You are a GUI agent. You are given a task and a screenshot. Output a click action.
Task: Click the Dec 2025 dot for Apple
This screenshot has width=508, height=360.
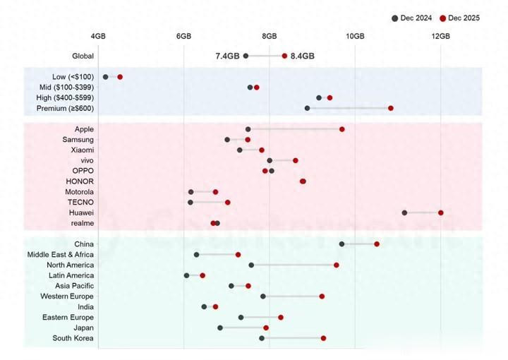pyautogui.click(x=342, y=129)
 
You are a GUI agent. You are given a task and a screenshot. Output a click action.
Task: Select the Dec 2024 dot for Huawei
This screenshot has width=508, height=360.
pyautogui.click(x=404, y=212)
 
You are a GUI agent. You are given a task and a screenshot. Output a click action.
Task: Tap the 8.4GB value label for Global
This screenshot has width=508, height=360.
pyautogui.click(x=303, y=56)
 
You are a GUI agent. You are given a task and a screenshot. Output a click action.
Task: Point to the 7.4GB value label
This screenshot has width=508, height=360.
pyautogui.click(x=227, y=56)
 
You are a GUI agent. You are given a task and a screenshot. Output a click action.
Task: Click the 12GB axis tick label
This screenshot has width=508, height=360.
pyautogui.click(x=440, y=36)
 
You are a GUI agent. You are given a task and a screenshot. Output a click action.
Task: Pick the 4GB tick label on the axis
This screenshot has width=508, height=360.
pyautogui.click(x=98, y=36)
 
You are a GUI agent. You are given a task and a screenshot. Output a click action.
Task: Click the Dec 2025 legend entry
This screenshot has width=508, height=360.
pyautogui.click(x=459, y=18)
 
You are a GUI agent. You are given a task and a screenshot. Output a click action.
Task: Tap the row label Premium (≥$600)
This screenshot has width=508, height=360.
pyautogui.click(x=65, y=108)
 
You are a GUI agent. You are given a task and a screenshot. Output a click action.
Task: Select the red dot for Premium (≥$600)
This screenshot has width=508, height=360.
pyautogui.click(x=391, y=108)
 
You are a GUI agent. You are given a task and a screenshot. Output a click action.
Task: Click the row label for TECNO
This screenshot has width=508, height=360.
pyautogui.click(x=80, y=202)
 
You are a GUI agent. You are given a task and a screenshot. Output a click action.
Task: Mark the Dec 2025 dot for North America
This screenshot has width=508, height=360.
pyautogui.click(x=337, y=265)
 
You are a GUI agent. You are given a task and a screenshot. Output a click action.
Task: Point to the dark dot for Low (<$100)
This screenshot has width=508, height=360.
pyautogui.click(x=106, y=76)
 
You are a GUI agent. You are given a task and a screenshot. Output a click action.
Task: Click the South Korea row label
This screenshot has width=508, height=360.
pyautogui.click(x=73, y=338)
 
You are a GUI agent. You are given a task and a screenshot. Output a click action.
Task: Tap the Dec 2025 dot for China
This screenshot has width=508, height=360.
pyautogui.click(x=377, y=244)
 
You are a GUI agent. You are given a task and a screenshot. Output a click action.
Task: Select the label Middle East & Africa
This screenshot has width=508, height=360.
pyautogui.click(x=60, y=254)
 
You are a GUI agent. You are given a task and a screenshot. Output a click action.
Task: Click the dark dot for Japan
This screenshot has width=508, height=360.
pyautogui.click(x=220, y=328)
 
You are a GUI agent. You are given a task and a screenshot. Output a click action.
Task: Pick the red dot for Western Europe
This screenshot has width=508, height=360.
pyautogui.click(x=322, y=296)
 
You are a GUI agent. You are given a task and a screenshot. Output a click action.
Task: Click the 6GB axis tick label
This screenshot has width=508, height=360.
pyautogui.click(x=183, y=36)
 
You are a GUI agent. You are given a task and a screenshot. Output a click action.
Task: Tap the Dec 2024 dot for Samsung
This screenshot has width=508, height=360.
pyautogui.click(x=227, y=140)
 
